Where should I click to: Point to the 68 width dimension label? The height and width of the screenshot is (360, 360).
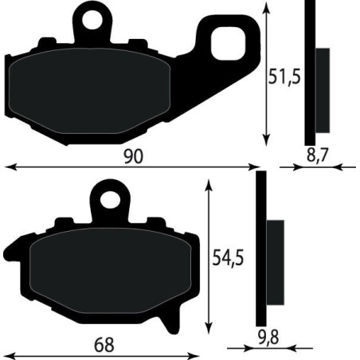(104, 345)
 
